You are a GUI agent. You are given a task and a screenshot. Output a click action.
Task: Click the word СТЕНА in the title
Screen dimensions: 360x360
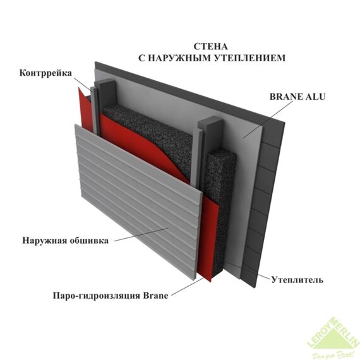(x=211, y=47)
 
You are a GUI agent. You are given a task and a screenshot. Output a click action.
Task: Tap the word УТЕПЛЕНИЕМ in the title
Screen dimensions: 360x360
(x=250, y=58)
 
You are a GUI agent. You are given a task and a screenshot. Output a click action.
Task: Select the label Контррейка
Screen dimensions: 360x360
(x=45, y=73)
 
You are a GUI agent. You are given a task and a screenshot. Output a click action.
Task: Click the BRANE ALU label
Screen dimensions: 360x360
(x=297, y=97)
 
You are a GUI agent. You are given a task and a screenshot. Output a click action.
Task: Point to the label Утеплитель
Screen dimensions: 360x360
(x=297, y=280)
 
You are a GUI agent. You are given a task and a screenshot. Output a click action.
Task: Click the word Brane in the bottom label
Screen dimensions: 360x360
(x=155, y=295)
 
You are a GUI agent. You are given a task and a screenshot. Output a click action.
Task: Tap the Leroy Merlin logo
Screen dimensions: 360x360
(x=333, y=338)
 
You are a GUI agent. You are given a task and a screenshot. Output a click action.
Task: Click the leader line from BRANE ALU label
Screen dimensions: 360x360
(x=268, y=119)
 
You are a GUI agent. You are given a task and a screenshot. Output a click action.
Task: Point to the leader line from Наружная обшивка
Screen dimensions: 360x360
(x=141, y=234)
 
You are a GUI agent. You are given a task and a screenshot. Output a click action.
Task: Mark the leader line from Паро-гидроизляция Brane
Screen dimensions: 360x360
(x=188, y=286)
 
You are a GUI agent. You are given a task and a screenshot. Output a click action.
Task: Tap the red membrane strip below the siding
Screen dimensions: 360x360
(x=208, y=239)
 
